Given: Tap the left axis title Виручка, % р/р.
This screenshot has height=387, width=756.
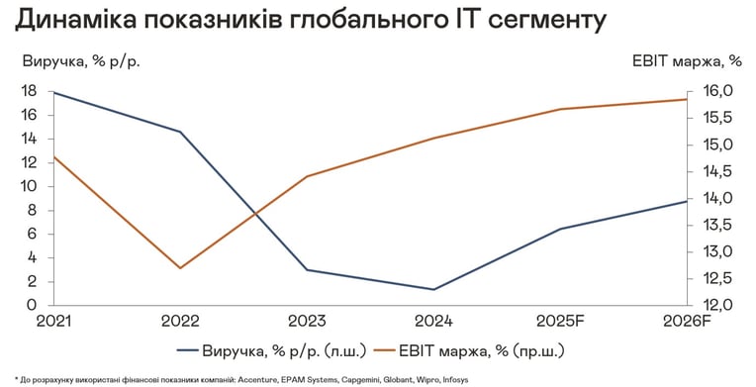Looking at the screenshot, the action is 81,61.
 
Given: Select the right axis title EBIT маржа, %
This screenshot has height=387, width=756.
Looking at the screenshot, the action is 687,61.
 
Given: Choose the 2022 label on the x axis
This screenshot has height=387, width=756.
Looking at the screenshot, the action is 180,322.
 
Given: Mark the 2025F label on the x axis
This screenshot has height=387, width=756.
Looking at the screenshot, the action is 559,322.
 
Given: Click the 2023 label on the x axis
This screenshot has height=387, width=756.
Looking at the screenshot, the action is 307,322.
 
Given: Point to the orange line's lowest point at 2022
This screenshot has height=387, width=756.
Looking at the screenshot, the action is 180,268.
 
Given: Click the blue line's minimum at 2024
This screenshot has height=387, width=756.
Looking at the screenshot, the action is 433,290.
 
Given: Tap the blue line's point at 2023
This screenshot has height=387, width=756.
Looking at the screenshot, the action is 307,270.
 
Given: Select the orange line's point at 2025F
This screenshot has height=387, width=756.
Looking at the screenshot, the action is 560,109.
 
